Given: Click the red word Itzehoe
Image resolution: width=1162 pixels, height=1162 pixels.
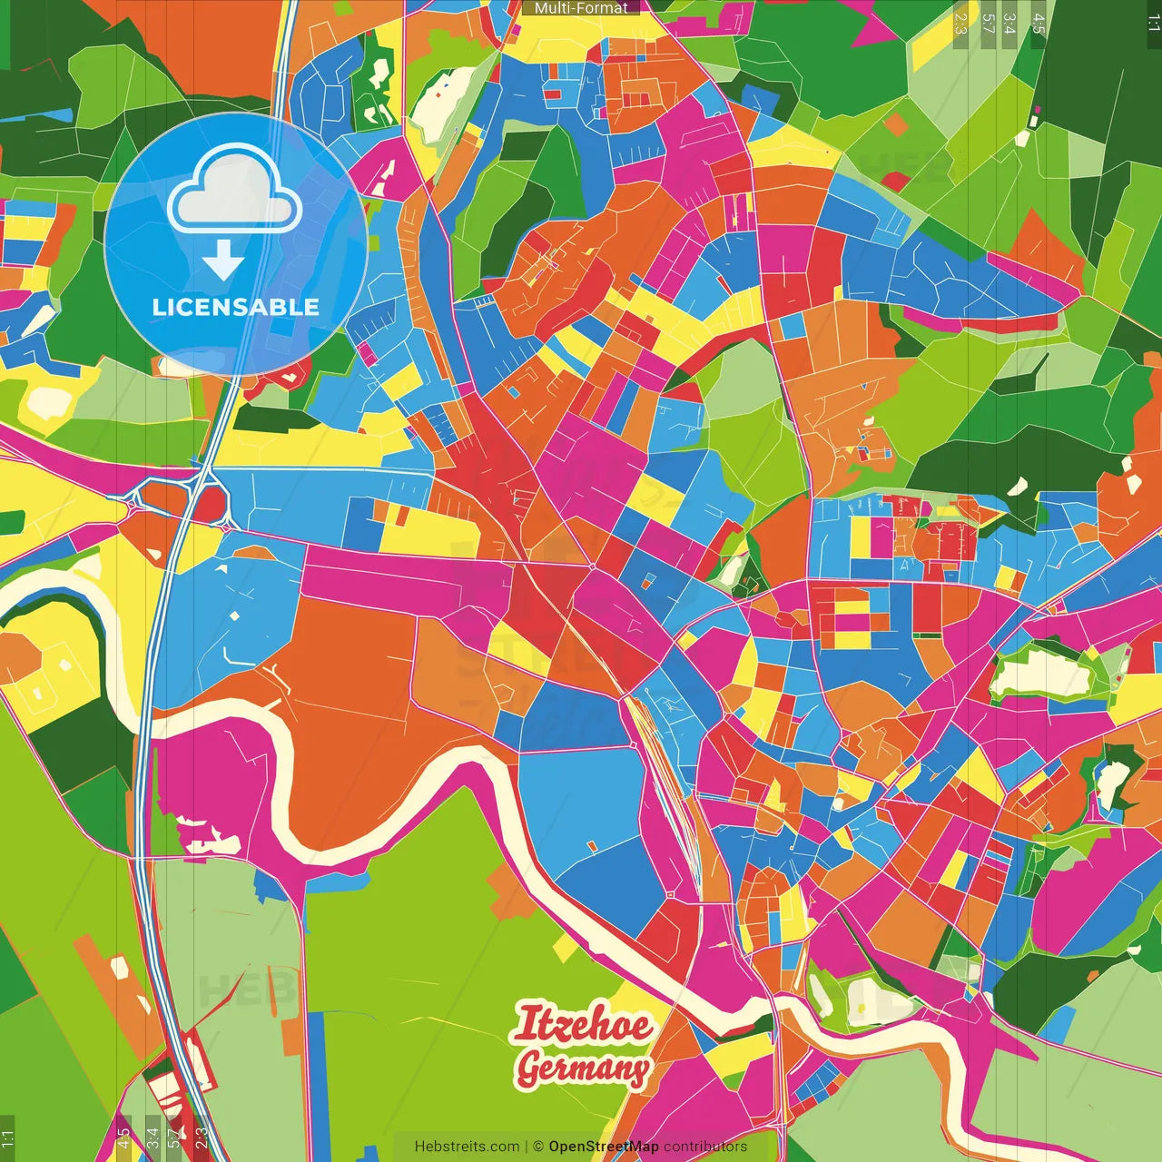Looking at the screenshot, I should pos(582,1025).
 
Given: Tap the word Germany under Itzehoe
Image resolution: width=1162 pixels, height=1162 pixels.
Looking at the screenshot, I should pos(582,1068).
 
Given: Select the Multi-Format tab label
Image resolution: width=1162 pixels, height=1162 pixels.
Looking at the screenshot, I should pos(581,8).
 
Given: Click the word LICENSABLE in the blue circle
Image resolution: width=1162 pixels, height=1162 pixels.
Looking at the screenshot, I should pos(236,307).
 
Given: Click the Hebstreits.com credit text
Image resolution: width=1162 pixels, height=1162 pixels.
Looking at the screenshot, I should pos(467,1147).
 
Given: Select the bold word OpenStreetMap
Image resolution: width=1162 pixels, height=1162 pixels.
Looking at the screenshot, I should pos(604,1147).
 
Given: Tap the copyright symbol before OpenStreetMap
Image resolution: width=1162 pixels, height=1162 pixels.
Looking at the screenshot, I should pos(538,1147).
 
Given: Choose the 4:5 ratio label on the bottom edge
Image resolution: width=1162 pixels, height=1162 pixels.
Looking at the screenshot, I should pos(123,1138).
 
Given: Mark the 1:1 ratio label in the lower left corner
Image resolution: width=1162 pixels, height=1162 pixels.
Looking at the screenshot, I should pos(7,1138).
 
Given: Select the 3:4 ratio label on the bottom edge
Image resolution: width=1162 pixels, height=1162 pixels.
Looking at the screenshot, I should pos(153,1138).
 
